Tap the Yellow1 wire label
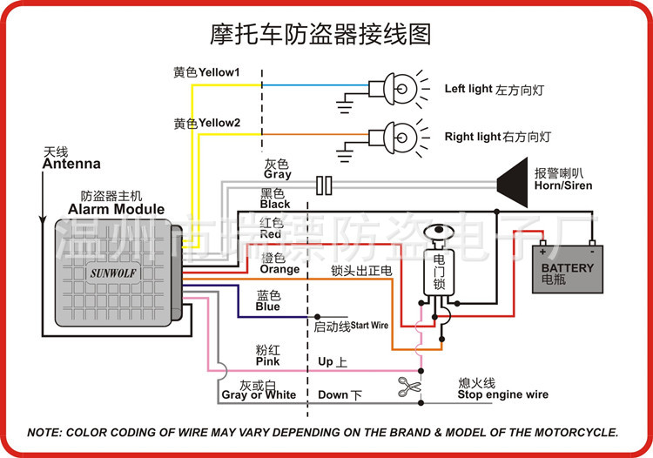[x=206, y=72]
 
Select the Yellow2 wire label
[x=206, y=123]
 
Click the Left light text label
[x=468, y=90]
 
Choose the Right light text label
[x=473, y=138]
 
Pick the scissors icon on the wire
[x=408, y=386]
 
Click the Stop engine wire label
[x=502, y=394]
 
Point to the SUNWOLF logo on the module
[x=115, y=271]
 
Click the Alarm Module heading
[x=116, y=209]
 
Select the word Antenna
[x=71, y=164]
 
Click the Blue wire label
[x=267, y=306]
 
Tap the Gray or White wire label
[x=259, y=394]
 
